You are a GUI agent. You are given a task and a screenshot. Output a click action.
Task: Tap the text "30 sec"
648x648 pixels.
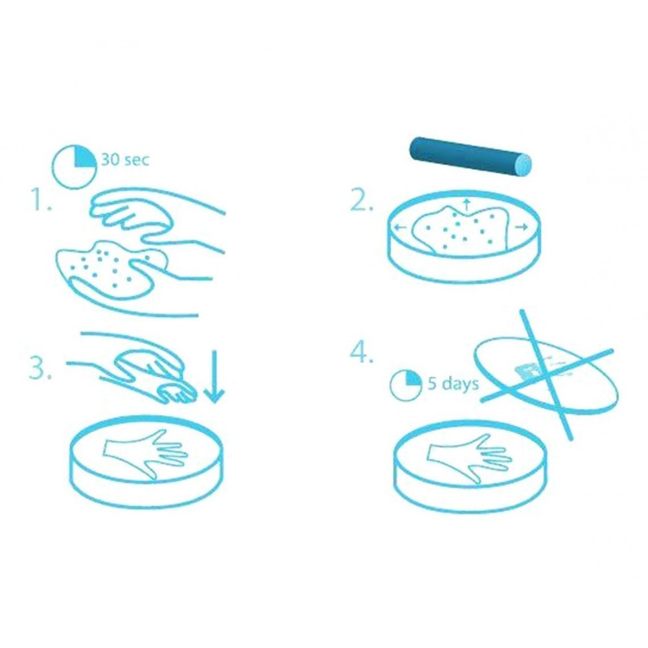click(x=124, y=159)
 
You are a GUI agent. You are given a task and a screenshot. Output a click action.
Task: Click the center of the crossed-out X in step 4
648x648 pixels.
click(x=546, y=374)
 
